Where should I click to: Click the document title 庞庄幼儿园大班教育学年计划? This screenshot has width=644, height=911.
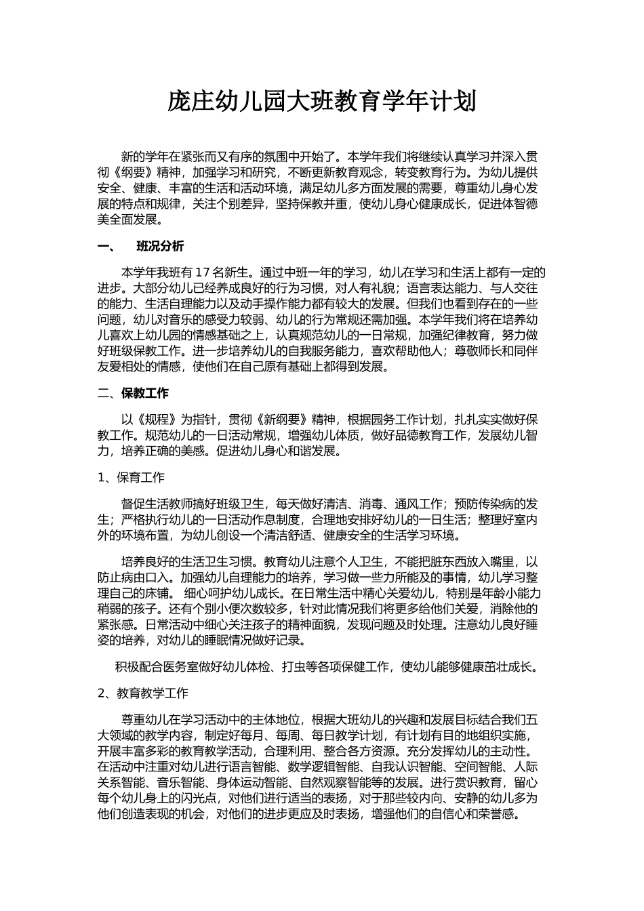pos(322,102)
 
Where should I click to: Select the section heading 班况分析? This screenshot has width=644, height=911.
pos(160,247)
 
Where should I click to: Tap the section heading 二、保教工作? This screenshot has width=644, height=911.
pos(134,393)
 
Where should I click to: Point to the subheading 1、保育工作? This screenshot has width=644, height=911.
pos(132,478)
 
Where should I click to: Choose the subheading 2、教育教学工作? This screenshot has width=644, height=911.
pos(143,693)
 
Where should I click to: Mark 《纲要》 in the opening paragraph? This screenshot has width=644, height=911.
pos(134,173)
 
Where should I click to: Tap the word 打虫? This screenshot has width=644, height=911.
pos(293,667)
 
